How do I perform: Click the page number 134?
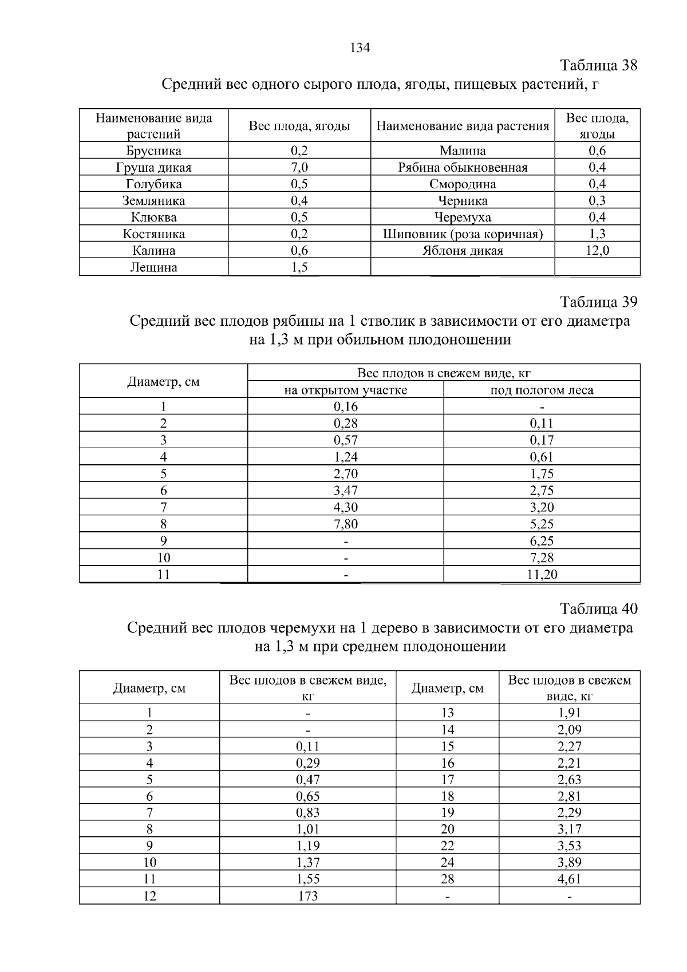click(x=360, y=48)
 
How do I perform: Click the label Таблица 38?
click(x=598, y=65)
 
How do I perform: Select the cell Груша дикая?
click(x=153, y=168)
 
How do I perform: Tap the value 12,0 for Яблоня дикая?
click(x=597, y=251)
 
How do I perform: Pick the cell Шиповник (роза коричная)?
click(x=463, y=234)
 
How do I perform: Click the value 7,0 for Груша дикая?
click(x=299, y=168)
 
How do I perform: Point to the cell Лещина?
click(x=153, y=267)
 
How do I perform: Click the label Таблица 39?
click(x=598, y=302)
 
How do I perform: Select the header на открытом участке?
click(x=346, y=390)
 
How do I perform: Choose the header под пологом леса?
click(x=542, y=390)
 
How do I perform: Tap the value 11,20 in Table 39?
click(x=542, y=575)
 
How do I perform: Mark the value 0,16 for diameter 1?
click(x=346, y=407)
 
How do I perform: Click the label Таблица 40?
click(x=598, y=609)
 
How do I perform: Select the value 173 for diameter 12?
click(x=308, y=896)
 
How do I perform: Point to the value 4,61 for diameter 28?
click(x=569, y=879)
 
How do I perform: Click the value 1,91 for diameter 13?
click(x=569, y=713)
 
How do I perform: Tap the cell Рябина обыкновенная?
click(x=463, y=168)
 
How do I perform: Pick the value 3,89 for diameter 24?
click(x=569, y=863)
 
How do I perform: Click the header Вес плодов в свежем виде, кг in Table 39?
click(x=444, y=373)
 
